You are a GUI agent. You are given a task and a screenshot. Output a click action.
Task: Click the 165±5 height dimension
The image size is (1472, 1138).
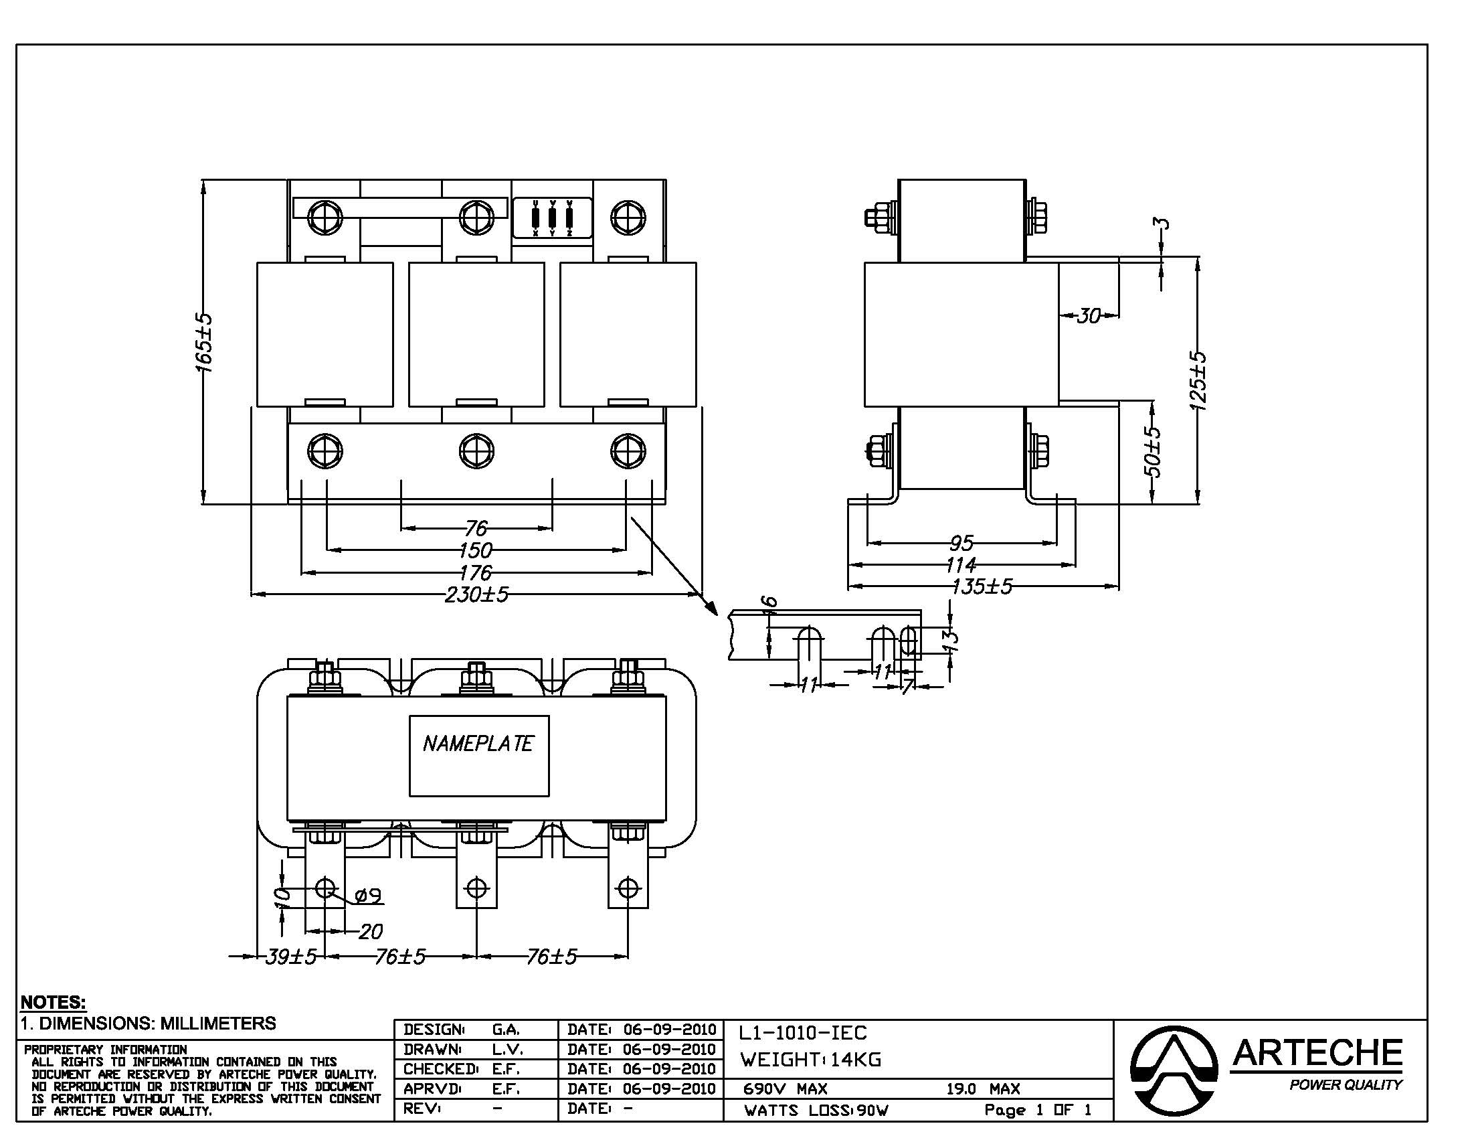tap(204, 343)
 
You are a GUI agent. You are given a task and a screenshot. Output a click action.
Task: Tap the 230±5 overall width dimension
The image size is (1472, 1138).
tap(476, 594)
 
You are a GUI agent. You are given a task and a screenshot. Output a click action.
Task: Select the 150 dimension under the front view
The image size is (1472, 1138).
tap(476, 550)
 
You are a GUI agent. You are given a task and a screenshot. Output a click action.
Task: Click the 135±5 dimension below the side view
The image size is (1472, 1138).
tap(982, 586)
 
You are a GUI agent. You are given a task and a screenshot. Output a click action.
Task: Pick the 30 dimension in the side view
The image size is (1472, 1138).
tap(1089, 315)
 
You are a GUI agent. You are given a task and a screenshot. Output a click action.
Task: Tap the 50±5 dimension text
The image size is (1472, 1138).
tap(1153, 451)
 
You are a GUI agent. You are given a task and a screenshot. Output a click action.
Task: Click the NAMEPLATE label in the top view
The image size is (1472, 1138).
tap(478, 744)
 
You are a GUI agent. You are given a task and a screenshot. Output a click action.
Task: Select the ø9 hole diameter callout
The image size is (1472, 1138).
tap(369, 895)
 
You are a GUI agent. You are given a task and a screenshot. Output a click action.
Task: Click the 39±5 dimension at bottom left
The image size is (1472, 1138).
tap(290, 957)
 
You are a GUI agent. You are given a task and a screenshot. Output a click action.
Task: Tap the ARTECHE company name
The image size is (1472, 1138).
tap(1317, 1053)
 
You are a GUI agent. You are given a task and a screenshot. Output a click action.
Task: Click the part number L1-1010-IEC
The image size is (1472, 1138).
tap(803, 1033)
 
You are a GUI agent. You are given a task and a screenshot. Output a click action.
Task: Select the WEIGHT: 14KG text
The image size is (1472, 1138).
tap(810, 1060)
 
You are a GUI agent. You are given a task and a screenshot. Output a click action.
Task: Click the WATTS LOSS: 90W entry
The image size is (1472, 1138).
tap(816, 1111)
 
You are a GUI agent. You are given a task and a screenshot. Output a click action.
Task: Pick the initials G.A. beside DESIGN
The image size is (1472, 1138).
tap(505, 1030)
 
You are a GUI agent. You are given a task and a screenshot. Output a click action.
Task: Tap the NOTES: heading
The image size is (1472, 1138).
tap(54, 1002)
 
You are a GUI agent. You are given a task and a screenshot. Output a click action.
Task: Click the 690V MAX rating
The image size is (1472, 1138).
tap(786, 1088)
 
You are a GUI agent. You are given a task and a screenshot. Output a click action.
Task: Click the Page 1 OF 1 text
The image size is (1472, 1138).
tap(1037, 1110)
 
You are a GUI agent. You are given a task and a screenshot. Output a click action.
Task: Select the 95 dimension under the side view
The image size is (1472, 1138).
tap(961, 542)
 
